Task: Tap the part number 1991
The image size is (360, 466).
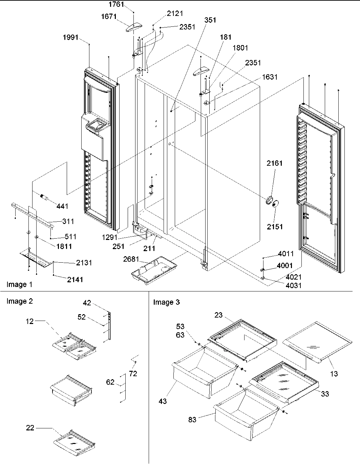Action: (70, 38)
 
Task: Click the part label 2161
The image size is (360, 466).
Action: (274, 163)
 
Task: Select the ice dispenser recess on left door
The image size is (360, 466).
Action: (97, 128)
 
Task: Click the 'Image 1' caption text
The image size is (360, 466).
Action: (20, 284)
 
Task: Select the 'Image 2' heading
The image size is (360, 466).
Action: (20, 301)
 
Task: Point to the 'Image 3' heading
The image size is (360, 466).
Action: (166, 302)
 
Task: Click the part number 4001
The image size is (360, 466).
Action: (284, 266)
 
